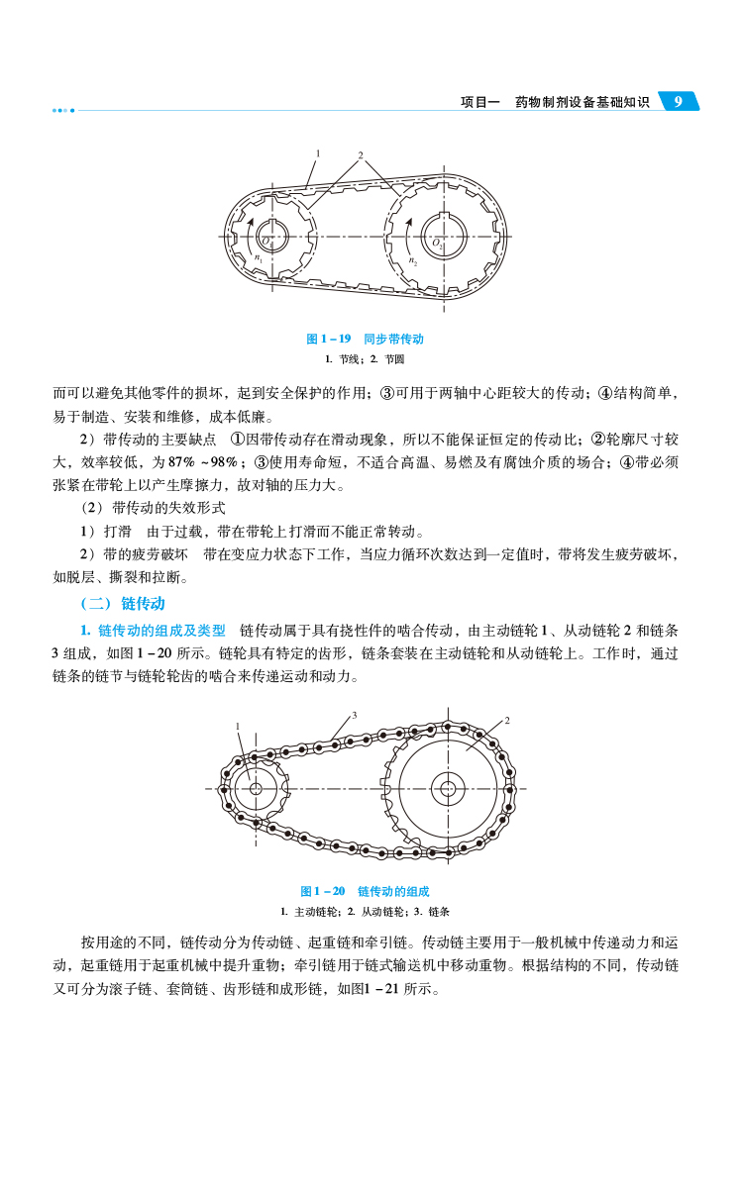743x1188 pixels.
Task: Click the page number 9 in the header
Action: point(678,102)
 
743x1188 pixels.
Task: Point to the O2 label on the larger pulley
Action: point(437,241)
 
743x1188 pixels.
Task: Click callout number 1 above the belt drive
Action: point(318,152)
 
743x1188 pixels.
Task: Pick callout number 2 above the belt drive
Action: point(361,154)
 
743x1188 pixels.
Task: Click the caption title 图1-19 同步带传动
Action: point(365,339)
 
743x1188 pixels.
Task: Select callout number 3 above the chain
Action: point(354,714)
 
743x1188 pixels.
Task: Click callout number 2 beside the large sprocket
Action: point(507,721)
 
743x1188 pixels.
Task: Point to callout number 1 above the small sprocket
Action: point(238,726)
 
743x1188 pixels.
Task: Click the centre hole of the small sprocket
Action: point(256,789)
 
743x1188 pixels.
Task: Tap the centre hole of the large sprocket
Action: point(448,789)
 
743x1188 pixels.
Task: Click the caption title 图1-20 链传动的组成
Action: point(365,891)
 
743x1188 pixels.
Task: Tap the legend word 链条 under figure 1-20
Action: point(440,911)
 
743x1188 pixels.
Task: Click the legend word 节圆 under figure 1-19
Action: point(394,357)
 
